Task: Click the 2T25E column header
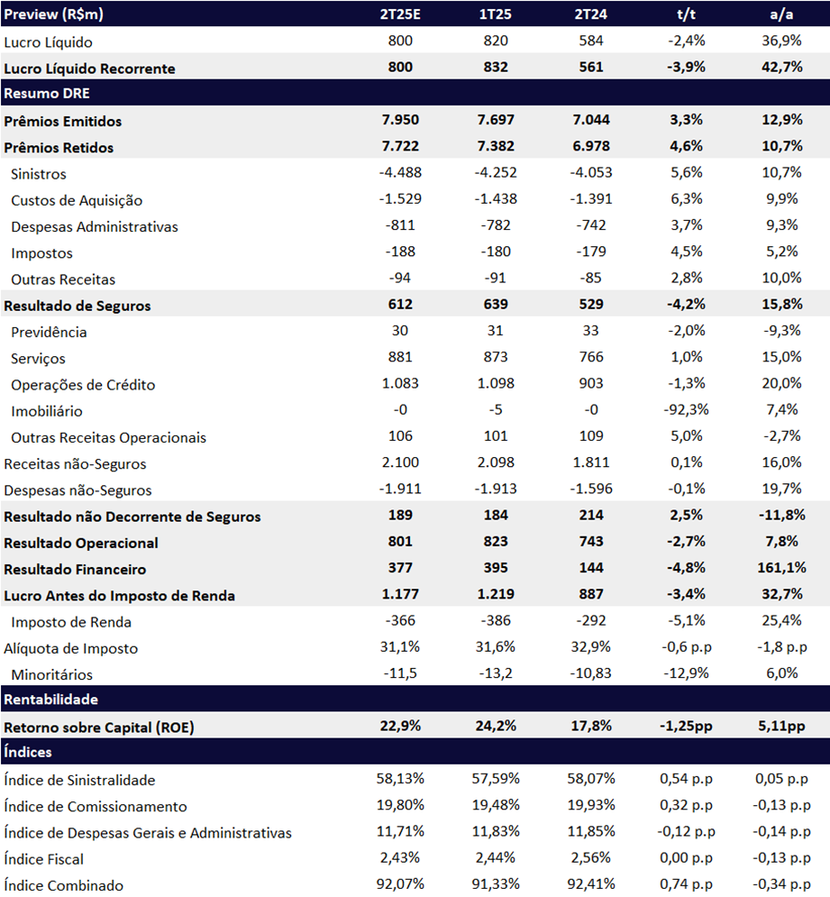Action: coord(400,14)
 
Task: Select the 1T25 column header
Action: coord(496,14)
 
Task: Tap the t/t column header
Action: coord(686,14)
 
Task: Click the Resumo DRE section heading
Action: coord(47,93)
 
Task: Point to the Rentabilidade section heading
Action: coord(50,699)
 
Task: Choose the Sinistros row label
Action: coord(39,174)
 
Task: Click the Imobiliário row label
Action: coord(46,411)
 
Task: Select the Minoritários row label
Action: coord(51,674)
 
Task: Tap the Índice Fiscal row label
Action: coord(43,858)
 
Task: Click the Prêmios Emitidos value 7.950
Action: coord(400,120)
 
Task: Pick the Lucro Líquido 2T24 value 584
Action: coord(591,41)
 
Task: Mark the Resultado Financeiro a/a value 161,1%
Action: coord(781,567)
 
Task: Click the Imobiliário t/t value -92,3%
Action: coord(686,409)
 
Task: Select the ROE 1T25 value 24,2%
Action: coord(496,726)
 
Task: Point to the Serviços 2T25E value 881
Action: coord(400,357)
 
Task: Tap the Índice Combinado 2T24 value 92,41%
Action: coord(591,883)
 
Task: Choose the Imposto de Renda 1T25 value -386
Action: coord(496,620)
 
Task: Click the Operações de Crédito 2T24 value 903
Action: coord(591,383)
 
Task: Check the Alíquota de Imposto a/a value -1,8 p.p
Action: coord(781,647)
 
